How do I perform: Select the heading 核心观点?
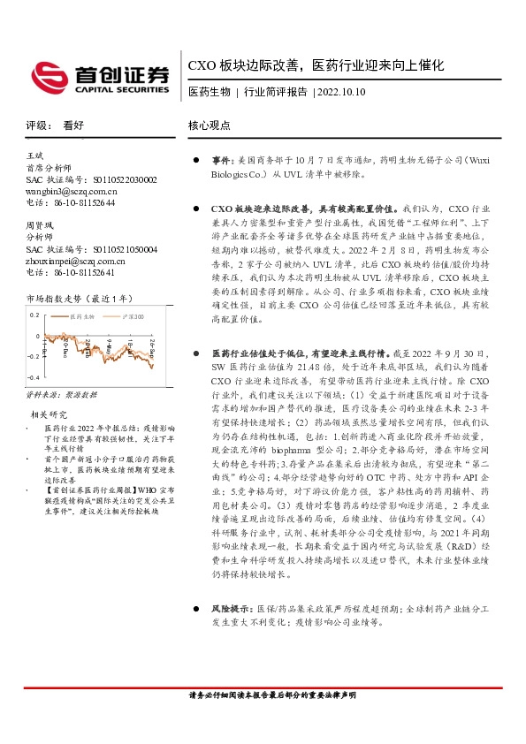point(207,125)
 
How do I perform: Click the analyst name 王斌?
point(35,156)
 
